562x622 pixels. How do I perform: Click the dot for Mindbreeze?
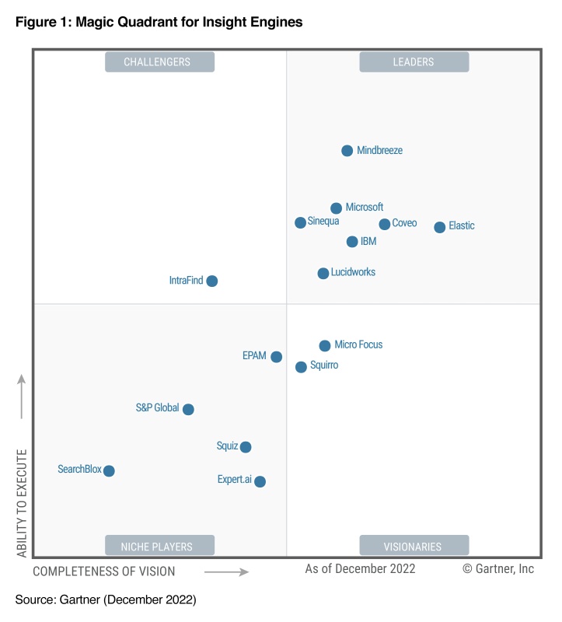click(347, 151)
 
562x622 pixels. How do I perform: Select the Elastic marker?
click(440, 227)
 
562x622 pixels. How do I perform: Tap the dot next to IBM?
click(352, 242)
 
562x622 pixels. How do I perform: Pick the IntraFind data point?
click(212, 281)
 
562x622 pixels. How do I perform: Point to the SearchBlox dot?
click(109, 470)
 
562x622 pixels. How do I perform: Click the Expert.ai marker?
click(260, 481)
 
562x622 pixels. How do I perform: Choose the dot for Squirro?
click(301, 367)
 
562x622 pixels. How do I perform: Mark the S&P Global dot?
click(188, 409)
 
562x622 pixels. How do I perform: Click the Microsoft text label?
click(365, 208)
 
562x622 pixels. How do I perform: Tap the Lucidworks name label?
click(353, 273)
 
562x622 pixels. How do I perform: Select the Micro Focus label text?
click(358, 345)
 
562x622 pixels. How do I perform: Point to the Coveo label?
click(404, 224)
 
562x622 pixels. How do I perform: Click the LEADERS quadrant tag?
click(414, 62)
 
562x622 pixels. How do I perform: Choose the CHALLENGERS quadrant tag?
click(159, 62)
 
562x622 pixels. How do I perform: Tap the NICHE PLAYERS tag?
click(159, 546)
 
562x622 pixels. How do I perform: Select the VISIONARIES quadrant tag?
click(414, 546)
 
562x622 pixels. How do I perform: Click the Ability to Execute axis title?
click(22, 502)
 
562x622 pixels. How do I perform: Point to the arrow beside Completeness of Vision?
click(226, 571)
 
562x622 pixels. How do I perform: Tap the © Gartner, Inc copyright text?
click(498, 569)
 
